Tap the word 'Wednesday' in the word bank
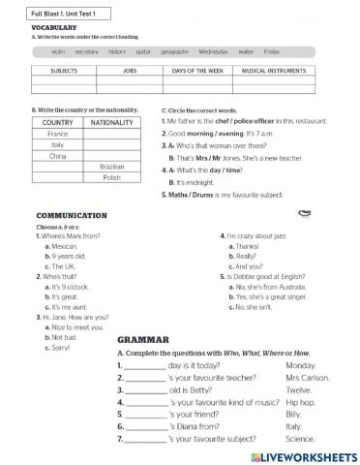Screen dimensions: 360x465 point(214,50)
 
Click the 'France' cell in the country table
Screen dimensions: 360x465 point(58,134)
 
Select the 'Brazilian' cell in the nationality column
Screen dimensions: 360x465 point(112,167)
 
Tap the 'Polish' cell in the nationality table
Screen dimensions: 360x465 point(112,178)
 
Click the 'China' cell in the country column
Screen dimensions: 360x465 point(58,156)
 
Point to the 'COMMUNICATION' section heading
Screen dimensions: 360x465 point(71,215)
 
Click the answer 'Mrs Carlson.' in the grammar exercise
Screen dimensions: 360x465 point(307,377)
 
